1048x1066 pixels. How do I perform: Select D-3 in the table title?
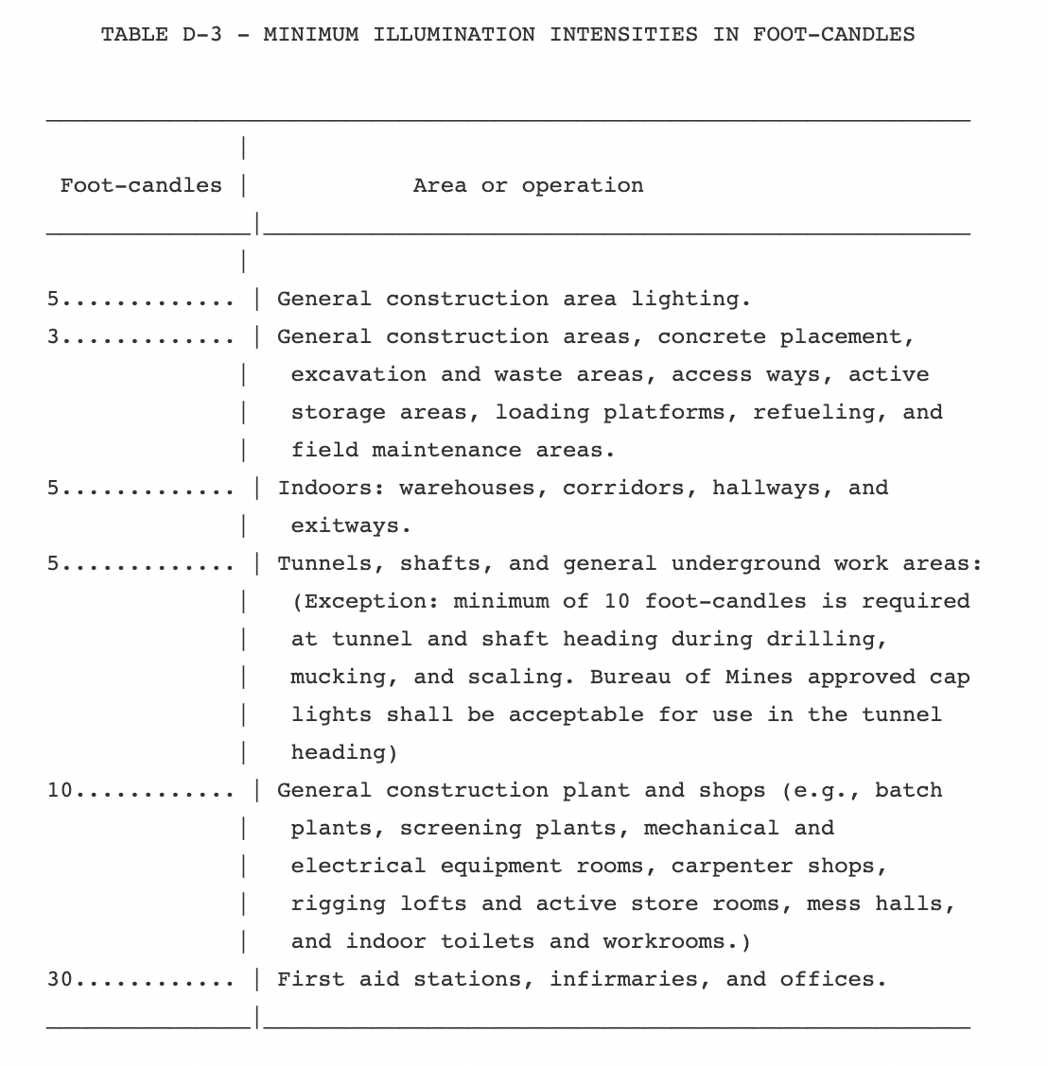point(196,35)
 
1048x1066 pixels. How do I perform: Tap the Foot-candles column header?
point(141,185)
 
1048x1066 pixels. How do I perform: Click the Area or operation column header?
point(528,185)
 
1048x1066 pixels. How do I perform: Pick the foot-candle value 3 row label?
point(54,337)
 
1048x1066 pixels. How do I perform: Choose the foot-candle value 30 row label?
point(61,980)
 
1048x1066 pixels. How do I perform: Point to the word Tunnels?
point(331,564)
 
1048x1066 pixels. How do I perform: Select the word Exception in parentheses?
point(371,602)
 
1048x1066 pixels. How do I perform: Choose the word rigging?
point(338,904)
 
